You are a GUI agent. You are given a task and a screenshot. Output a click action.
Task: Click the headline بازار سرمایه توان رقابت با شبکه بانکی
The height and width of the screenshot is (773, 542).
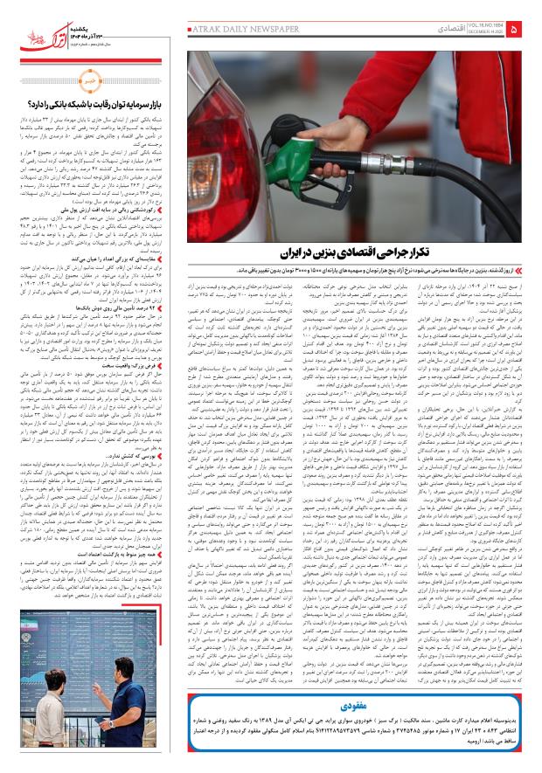click(x=92, y=102)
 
